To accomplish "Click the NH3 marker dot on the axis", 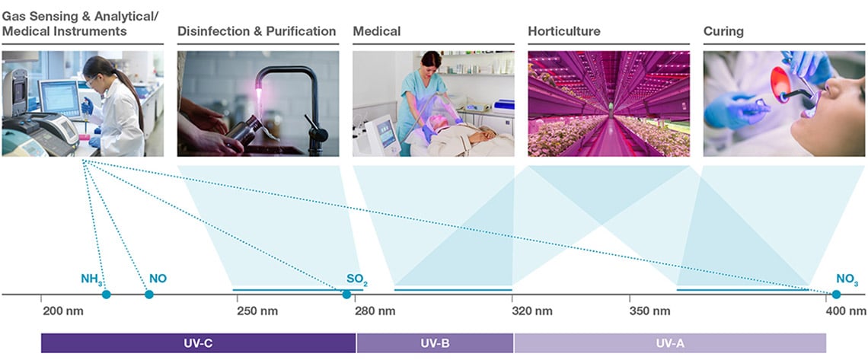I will coord(106,295).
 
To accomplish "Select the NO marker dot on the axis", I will coord(148,295).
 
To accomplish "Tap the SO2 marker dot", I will coord(346,295).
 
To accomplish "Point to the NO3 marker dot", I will coord(836,295).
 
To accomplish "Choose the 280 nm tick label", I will coord(375,311).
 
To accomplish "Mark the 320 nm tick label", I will coord(532,311).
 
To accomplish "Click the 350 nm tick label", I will coord(649,311).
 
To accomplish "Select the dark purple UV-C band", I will coord(198,343).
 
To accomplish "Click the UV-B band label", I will coord(435,343).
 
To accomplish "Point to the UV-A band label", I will coord(669,343).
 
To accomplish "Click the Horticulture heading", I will coord(563,32).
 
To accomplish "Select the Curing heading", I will coord(723,32).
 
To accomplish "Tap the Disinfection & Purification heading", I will coord(257,32).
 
